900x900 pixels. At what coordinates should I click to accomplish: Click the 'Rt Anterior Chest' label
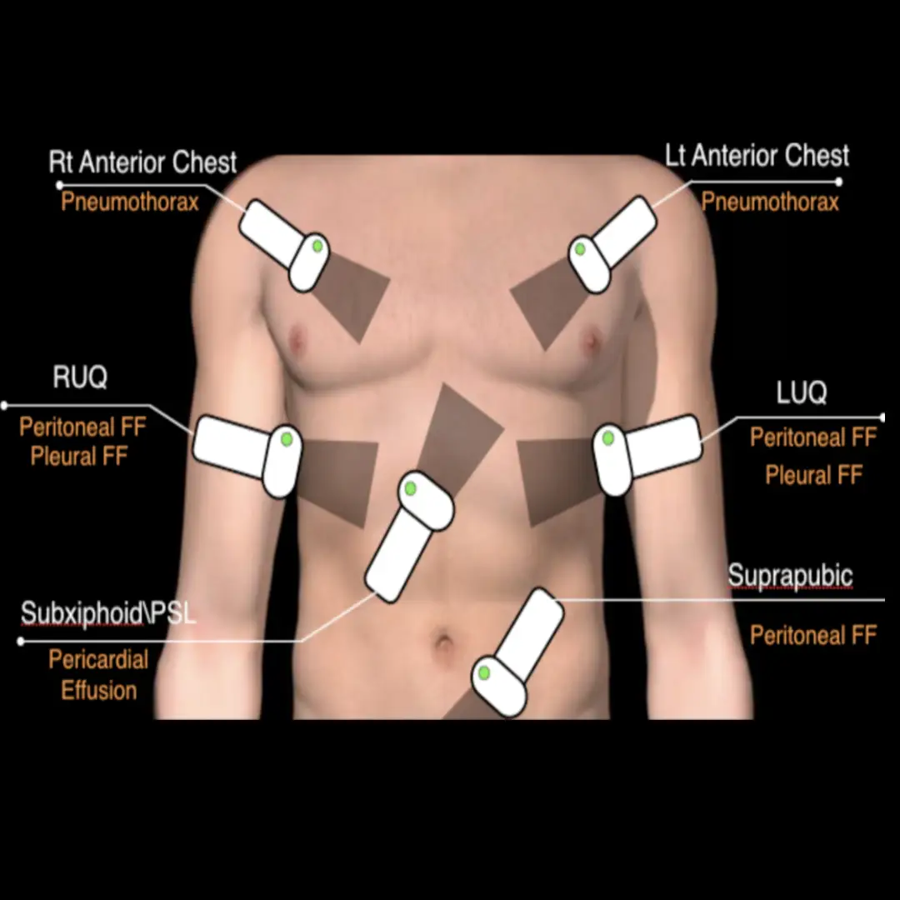[x=142, y=162]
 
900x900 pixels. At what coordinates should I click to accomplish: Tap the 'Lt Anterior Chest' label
[x=757, y=156]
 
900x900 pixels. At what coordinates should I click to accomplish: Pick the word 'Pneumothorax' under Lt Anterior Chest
[x=769, y=202]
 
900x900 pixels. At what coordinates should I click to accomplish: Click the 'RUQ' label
[x=80, y=377]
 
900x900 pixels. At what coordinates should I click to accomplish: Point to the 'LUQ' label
[x=801, y=392]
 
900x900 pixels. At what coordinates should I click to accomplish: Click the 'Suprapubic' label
[x=790, y=576]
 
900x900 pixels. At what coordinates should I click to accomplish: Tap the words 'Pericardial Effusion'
[x=98, y=675]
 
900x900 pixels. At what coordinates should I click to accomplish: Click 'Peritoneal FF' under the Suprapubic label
[x=813, y=635]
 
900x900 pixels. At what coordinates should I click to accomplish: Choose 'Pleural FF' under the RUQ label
[x=79, y=456]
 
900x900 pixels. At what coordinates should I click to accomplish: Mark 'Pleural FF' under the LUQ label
[x=813, y=475]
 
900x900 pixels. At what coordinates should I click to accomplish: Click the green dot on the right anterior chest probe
[x=317, y=246]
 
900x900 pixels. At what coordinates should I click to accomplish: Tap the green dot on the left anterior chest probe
[x=580, y=249]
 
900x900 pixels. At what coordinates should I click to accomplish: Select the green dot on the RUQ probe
[x=287, y=438]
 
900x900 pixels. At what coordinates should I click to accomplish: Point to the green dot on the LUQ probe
[x=608, y=437]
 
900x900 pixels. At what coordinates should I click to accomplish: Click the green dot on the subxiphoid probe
[x=411, y=488]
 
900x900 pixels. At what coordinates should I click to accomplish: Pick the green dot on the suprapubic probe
[x=482, y=672]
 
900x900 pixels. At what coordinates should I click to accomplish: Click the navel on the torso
[x=445, y=643]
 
